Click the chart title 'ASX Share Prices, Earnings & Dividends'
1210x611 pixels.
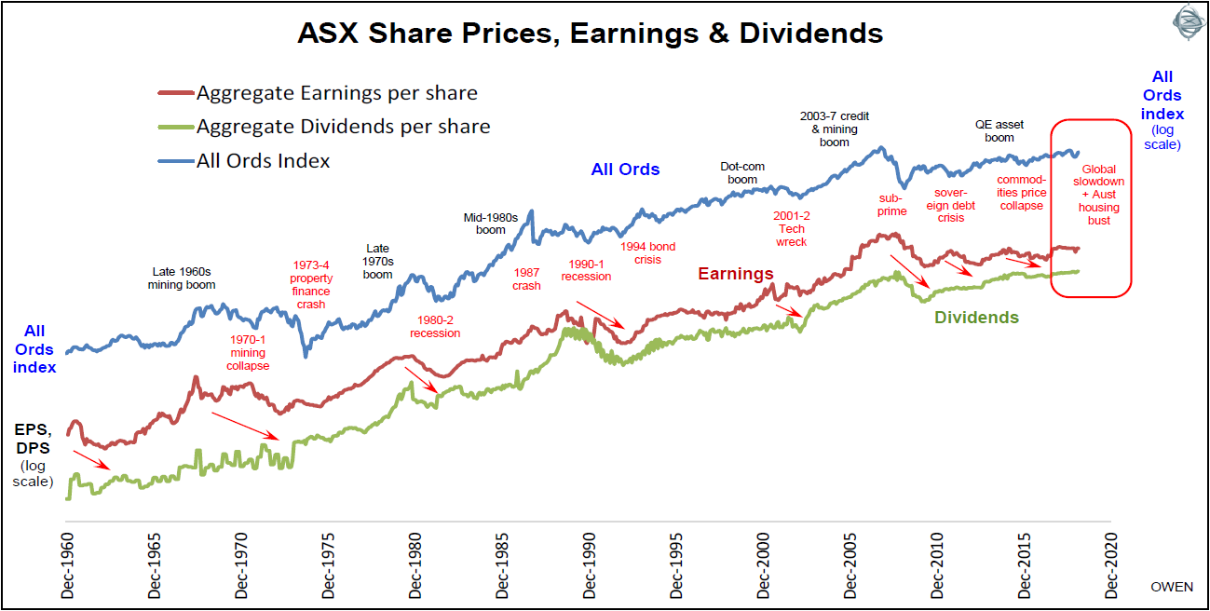click(590, 34)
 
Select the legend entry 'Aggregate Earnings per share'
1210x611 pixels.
click(336, 93)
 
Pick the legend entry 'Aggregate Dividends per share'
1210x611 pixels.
click(343, 127)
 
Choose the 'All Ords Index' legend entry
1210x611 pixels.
click(263, 160)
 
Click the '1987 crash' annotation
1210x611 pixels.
click(526, 279)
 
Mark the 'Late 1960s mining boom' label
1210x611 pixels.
click(182, 278)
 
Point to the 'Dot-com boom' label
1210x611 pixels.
click(742, 173)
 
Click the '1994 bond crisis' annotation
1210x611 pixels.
click(647, 253)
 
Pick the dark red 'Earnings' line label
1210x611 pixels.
click(736, 274)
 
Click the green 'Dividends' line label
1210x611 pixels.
click(976, 318)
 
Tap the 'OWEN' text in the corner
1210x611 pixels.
click(1171, 588)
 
